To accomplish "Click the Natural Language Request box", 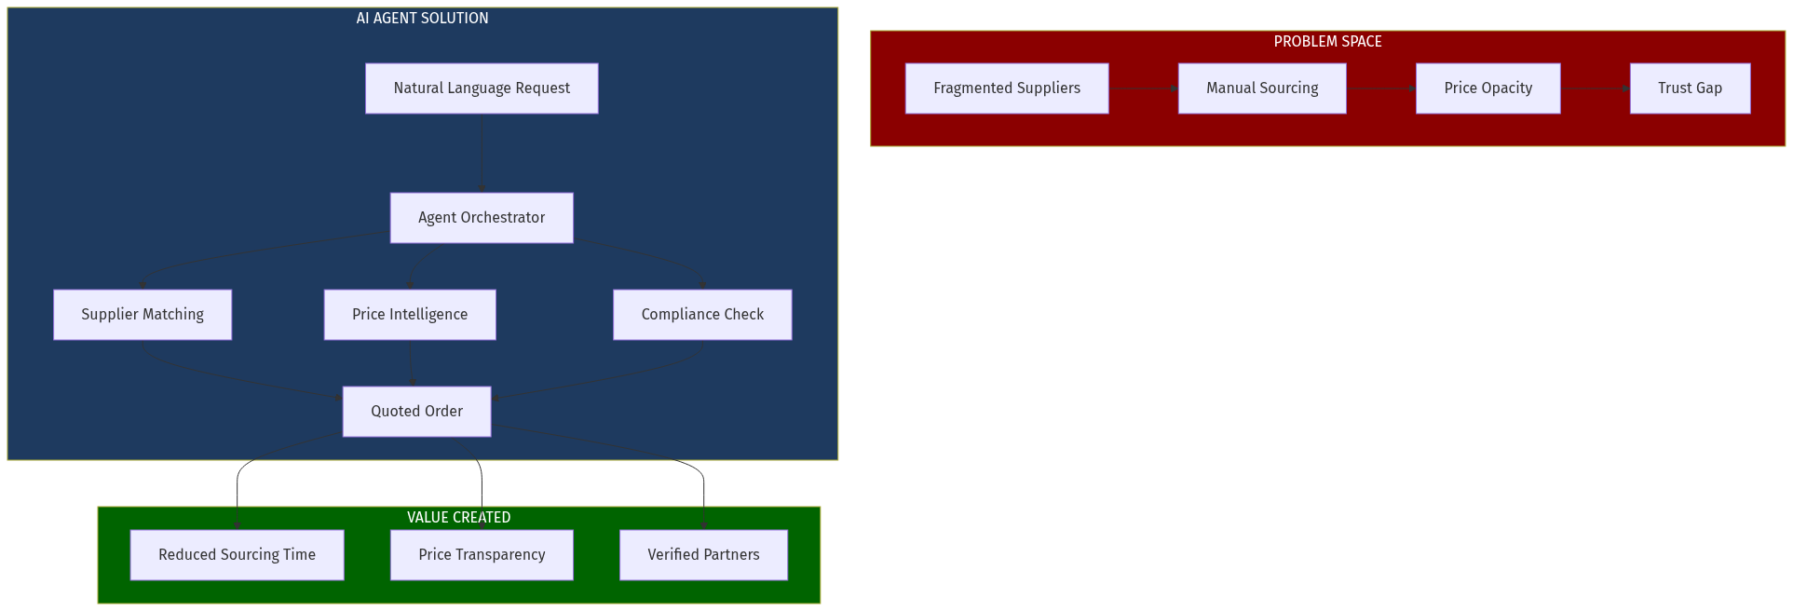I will pyautogui.click(x=482, y=88).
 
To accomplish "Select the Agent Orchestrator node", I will pyautogui.click(x=482, y=218).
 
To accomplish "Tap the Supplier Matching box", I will pyautogui.click(x=143, y=315).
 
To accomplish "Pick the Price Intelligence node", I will pyautogui.click(x=410, y=315).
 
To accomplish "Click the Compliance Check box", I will pyautogui.click(x=702, y=315).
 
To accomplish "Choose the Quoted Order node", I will pyautogui.click(x=416, y=412).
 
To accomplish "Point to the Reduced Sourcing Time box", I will pyautogui.click(x=237, y=555).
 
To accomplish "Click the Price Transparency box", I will pyautogui.click(x=482, y=555).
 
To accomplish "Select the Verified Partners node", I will pyautogui.click(x=703, y=555).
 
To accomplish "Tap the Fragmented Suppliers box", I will pyautogui.click(x=1007, y=88).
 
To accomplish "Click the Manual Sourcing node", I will pyautogui.click(x=1262, y=88).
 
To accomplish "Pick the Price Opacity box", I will pyautogui.click(x=1487, y=88).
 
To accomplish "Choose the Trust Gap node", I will pyautogui.click(x=1690, y=88).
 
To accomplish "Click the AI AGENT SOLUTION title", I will pyautogui.click(x=422, y=19).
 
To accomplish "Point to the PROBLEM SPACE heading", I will pyautogui.click(x=1327, y=42).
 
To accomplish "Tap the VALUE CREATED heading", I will pyautogui.click(x=458, y=518).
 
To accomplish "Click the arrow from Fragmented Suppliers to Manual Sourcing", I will pyautogui.click(x=1143, y=88).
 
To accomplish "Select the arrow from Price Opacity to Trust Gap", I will pyautogui.click(x=1595, y=88).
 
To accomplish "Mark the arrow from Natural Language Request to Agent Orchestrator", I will pyautogui.click(x=482, y=154).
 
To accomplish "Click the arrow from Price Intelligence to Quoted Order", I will pyautogui.click(x=412, y=363).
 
